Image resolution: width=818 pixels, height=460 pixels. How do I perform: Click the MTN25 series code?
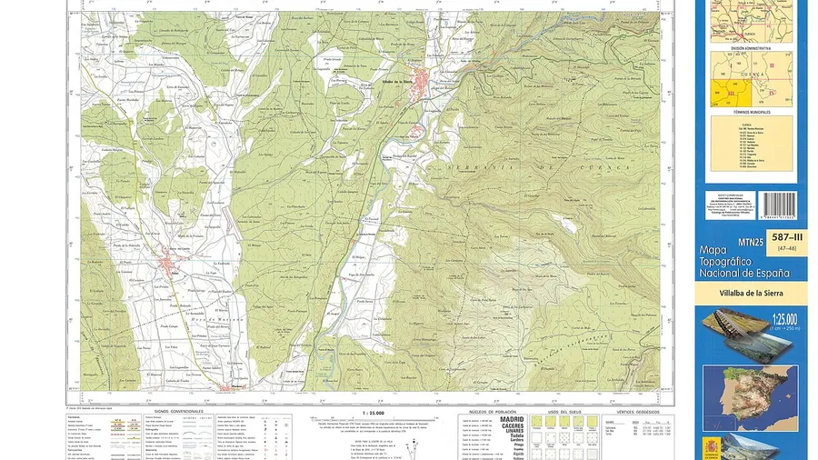click(x=752, y=242)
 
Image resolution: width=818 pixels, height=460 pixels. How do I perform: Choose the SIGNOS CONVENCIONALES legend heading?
click(x=174, y=411)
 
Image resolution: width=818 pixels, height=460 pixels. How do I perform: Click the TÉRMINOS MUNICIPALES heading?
click(x=752, y=112)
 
